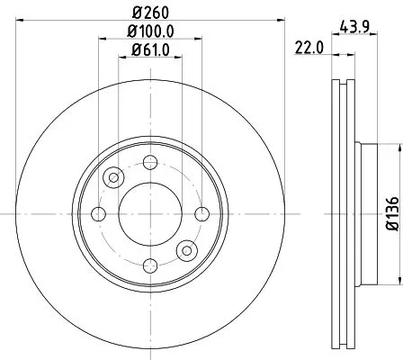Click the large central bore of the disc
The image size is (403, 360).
coord(150,213)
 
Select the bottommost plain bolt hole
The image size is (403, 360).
coord(150,265)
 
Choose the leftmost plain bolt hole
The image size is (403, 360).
coord(99,213)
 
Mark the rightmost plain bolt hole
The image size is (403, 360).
coord(201,213)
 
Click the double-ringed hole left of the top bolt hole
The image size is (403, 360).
coord(113,177)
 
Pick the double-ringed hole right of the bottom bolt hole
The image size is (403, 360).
coord(187,249)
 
